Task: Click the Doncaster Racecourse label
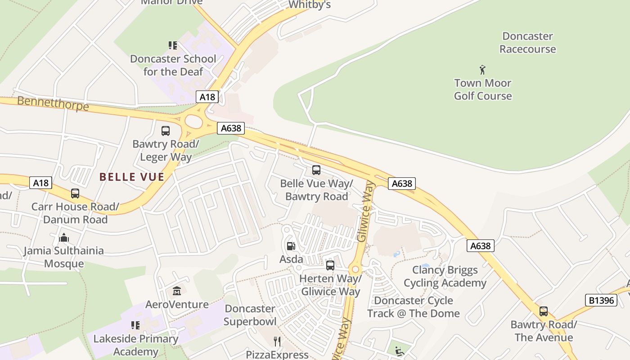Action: click(527, 43)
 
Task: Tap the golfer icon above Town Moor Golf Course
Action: click(482, 70)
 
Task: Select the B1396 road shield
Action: click(601, 300)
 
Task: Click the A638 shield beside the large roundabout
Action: click(231, 128)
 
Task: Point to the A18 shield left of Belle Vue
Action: click(40, 183)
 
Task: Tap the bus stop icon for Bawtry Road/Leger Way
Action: click(166, 131)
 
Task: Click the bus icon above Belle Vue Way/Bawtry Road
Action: click(316, 170)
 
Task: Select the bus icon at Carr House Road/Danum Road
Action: click(75, 193)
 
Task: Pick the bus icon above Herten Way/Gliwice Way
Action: click(330, 265)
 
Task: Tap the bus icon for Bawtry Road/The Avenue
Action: click(544, 311)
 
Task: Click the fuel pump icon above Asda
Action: click(291, 246)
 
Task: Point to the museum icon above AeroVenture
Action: click(177, 291)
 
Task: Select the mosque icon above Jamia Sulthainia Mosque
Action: click(64, 237)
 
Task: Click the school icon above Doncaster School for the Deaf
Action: click(173, 45)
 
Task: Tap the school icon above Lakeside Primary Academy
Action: click(135, 325)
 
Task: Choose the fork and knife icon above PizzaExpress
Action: click(277, 342)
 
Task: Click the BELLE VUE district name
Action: click(132, 177)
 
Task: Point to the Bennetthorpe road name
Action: click(53, 103)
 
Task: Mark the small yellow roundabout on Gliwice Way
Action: click(355, 270)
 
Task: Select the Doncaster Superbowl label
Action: click(250, 315)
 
